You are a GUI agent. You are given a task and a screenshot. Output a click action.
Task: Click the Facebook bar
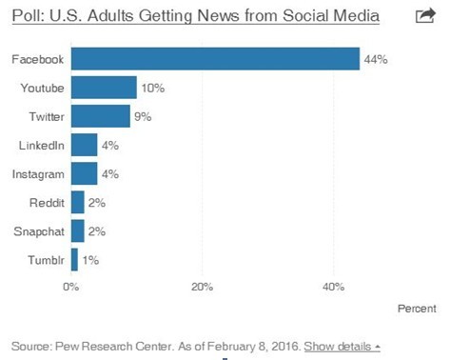pyautogui.click(x=215, y=59)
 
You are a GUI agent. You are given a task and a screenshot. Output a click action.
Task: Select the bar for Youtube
pyautogui.click(x=104, y=88)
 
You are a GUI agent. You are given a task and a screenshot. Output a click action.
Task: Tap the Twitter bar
pyautogui.click(x=100, y=116)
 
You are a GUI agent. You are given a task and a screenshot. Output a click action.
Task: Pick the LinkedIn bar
pyautogui.click(x=84, y=145)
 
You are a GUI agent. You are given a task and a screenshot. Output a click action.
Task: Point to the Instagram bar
pyautogui.click(x=84, y=173)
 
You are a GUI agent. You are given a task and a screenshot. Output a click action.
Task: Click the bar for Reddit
pyautogui.click(x=77, y=202)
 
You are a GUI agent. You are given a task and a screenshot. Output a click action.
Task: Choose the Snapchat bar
pyautogui.click(x=77, y=230)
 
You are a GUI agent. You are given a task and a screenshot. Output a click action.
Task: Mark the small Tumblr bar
pyautogui.click(x=74, y=259)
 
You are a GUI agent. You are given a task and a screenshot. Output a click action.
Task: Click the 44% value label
pyautogui.click(x=375, y=60)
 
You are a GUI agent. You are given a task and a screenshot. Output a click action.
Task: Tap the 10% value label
pyautogui.click(x=152, y=89)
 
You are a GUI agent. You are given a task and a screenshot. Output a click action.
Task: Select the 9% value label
pyautogui.click(x=143, y=117)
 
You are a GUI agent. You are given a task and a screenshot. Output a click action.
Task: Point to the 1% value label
pyautogui.click(x=90, y=260)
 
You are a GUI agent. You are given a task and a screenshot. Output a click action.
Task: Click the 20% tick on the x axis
pyautogui.click(x=201, y=286)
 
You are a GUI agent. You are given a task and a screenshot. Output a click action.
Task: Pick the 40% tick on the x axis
pyautogui.click(x=332, y=286)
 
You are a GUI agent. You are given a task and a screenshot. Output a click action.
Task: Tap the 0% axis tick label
pyautogui.click(x=70, y=286)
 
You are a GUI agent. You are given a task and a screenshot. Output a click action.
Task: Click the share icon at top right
pyautogui.click(x=426, y=15)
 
